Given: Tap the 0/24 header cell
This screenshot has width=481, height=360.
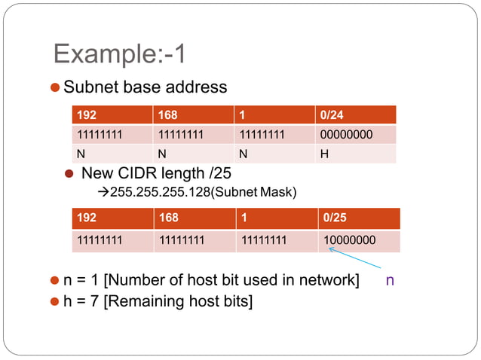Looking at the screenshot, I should click(332, 116).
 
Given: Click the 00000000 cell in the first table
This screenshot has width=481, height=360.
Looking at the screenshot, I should click(346, 135).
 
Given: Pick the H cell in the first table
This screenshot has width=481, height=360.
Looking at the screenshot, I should click(324, 154).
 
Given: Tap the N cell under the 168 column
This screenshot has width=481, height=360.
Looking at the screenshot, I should click(162, 154).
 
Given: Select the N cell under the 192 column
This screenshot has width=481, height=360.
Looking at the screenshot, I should click(81, 154).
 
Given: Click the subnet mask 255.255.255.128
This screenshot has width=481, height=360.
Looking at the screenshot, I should click(158, 192).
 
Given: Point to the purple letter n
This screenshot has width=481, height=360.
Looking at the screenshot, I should click(390, 280).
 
